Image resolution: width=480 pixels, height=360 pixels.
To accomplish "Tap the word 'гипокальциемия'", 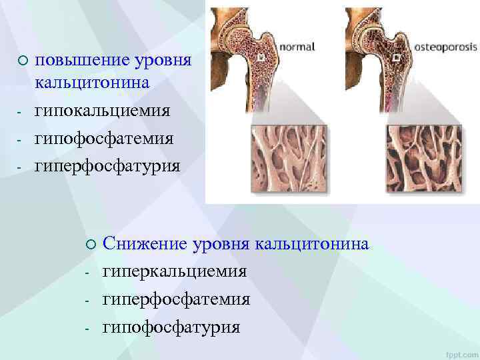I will [102, 110].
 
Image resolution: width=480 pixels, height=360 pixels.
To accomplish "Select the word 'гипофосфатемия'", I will [104, 138].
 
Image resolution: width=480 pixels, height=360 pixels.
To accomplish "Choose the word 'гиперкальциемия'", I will [174, 272].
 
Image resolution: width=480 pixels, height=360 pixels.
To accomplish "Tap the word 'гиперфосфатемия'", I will [176, 300].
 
